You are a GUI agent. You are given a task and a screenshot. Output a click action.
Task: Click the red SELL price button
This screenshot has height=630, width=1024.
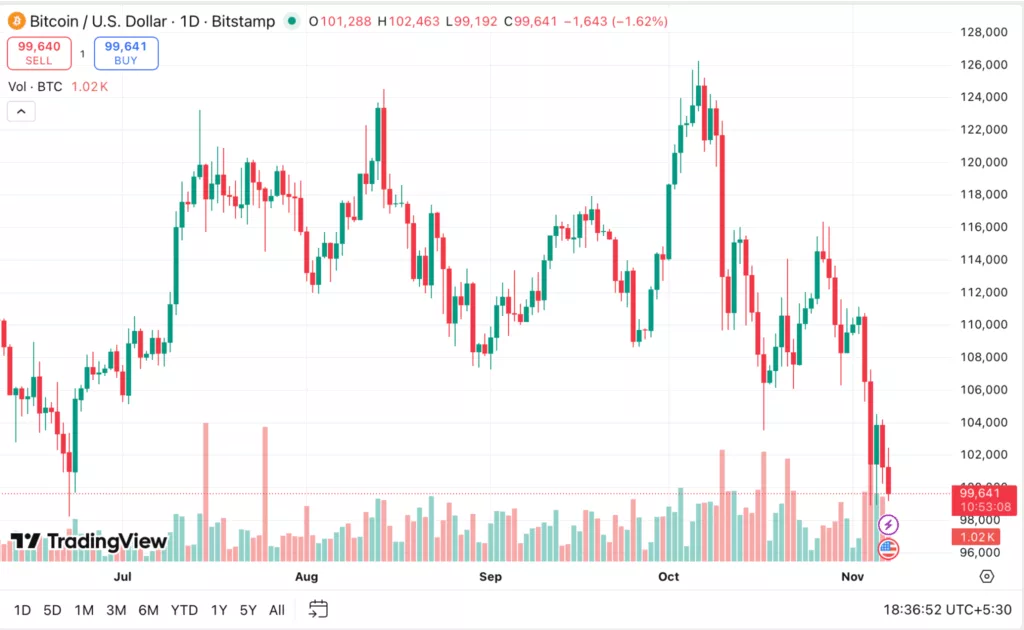click(x=38, y=52)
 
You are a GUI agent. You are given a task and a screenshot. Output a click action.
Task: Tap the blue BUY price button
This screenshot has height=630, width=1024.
click(x=126, y=52)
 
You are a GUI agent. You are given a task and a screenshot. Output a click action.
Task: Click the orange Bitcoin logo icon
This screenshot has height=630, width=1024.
click(x=16, y=21)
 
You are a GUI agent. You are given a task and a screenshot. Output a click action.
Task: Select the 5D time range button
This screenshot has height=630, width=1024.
click(x=53, y=610)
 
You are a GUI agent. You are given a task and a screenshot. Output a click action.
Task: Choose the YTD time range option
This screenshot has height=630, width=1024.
click(x=184, y=610)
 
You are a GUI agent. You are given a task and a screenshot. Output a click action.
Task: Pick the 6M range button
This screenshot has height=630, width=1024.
click(x=148, y=610)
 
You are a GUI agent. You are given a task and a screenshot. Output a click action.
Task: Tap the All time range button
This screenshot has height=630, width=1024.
click(x=277, y=610)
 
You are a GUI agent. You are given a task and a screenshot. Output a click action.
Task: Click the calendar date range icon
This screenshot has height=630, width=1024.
click(x=318, y=609)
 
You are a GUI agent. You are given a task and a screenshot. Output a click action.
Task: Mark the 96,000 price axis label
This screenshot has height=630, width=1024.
click(x=984, y=552)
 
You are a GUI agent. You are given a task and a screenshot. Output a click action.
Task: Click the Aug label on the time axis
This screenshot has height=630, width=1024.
click(x=306, y=577)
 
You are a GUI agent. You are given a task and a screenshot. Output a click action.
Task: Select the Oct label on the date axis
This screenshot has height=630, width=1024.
click(x=668, y=577)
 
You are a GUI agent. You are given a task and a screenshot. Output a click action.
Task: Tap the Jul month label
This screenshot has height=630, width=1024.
click(x=123, y=577)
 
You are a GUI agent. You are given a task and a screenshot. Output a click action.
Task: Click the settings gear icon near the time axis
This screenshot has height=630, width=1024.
click(x=987, y=576)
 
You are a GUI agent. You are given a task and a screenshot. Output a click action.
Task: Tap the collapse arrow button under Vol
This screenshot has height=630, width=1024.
click(x=21, y=111)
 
